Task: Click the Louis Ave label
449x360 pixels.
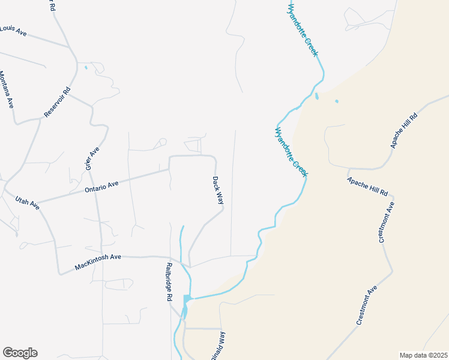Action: pyautogui.click(x=13, y=31)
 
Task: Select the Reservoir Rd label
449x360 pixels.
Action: pyautogui.click(x=58, y=101)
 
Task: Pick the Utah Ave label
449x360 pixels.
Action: pyautogui.click(x=27, y=203)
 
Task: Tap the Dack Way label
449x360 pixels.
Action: pyautogui.click(x=217, y=190)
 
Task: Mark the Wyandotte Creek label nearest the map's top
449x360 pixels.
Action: pyautogui.click(x=303, y=30)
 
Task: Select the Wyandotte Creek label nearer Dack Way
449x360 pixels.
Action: pyautogui.click(x=291, y=151)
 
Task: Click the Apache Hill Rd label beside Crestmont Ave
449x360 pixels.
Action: pyautogui.click(x=367, y=187)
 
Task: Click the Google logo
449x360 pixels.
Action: pyautogui.click(x=20, y=353)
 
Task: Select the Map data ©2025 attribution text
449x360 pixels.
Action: pyautogui.click(x=423, y=355)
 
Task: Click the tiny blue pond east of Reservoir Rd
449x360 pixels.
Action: pyautogui.click(x=86, y=67)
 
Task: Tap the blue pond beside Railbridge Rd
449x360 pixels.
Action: pyautogui.click(x=187, y=299)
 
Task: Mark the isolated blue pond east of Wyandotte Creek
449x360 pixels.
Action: pyautogui.click(x=336, y=101)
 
